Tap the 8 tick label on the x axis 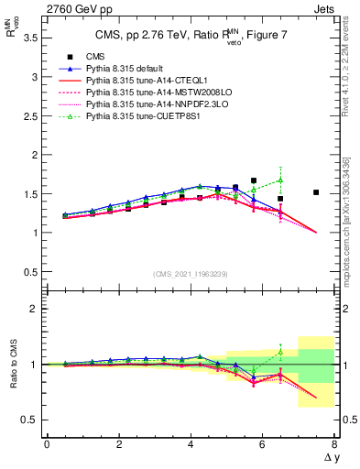pos(334,444)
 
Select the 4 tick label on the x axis pos(191,444)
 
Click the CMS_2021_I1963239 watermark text pos(190,274)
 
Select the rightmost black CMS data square pos(316,192)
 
